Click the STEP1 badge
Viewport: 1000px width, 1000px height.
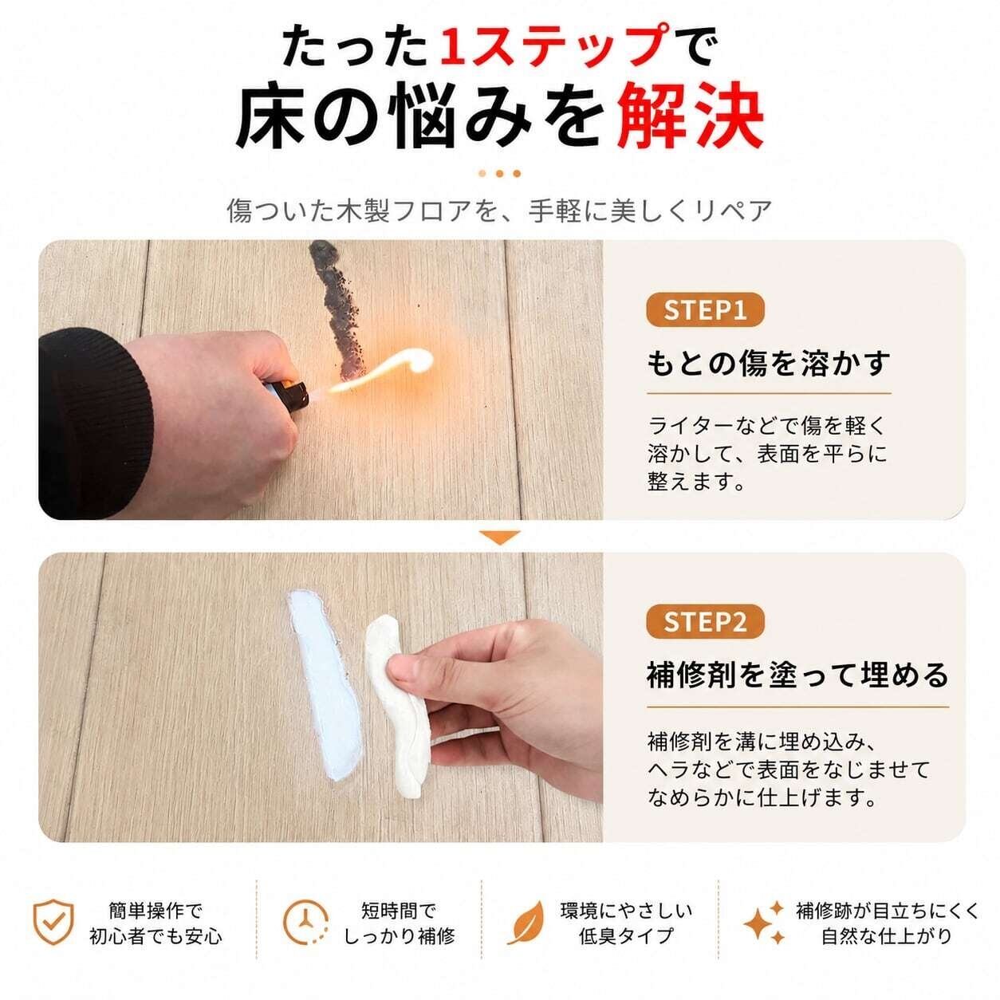tap(705, 310)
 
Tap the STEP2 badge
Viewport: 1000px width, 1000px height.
tap(705, 622)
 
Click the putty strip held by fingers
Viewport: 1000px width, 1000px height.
tap(400, 706)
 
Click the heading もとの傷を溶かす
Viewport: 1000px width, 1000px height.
tap(769, 364)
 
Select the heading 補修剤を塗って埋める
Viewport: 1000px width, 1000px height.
tap(797, 675)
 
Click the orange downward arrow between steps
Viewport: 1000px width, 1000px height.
tap(500, 537)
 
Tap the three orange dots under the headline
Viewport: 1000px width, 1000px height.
tap(500, 173)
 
